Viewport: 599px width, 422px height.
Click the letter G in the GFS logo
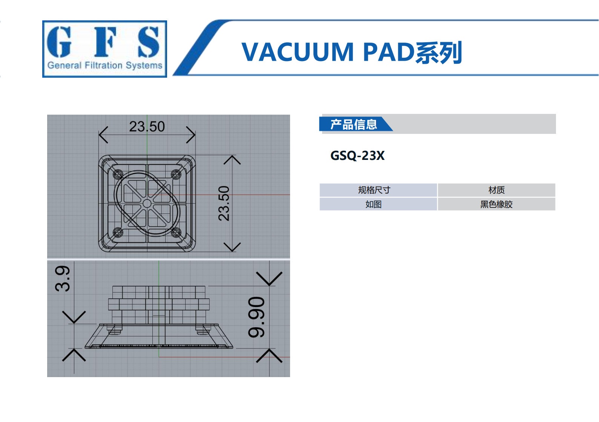click(x=59, y=42)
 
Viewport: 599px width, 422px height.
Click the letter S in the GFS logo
click(x=149, y=42)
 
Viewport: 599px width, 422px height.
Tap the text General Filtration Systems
click(x=105, y=66)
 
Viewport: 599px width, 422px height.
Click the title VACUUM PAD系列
click(x=352, y=52)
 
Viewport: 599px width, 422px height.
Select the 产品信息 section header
click(x=353, y=124)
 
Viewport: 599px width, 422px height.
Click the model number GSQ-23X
click(x=358, y=156)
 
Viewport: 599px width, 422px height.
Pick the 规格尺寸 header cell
click(x=374, y=190)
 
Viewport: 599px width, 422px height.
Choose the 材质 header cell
click(x=496, y=190)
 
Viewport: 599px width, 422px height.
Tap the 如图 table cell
click(x=373, y=204)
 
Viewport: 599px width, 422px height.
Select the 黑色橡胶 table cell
click(x=496, y=204)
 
